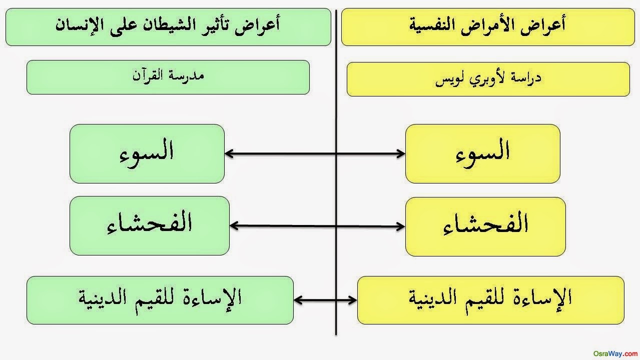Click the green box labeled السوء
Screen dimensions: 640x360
[147, 153]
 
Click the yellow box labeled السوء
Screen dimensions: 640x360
[482, 153]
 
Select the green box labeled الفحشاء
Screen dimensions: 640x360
[150, 225]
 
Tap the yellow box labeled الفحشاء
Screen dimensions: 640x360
[485, 226]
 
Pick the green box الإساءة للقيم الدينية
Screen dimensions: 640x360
[160, 300]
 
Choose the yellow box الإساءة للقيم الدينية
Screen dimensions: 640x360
[490, 300]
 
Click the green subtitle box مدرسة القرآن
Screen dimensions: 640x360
[168, 77]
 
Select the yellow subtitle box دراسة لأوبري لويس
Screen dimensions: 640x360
[488, 79]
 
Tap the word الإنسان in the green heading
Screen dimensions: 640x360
[80, 25]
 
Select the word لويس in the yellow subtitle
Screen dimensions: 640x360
[448, 79]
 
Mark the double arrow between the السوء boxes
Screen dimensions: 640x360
[315, 154]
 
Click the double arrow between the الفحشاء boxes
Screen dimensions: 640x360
[317, 226]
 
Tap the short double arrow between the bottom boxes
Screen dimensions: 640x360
[325, 300]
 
